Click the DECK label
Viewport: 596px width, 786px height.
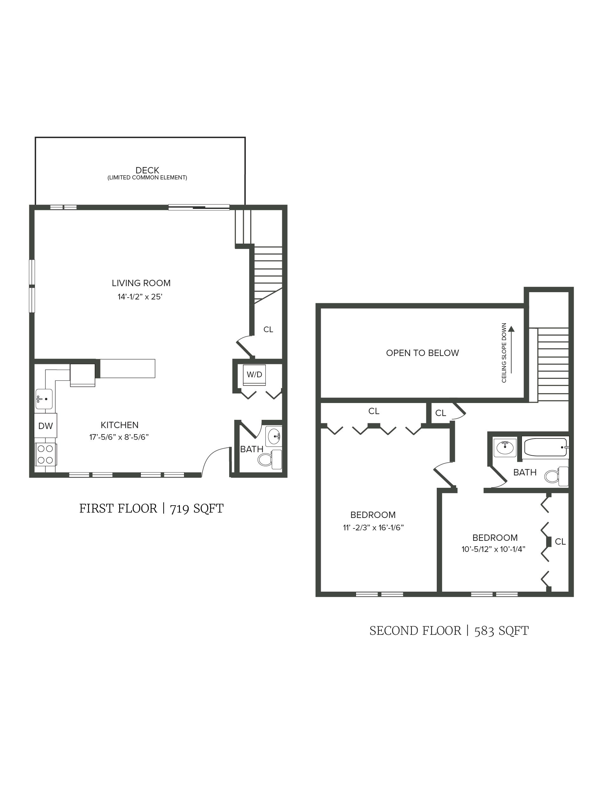[x=147, y=170]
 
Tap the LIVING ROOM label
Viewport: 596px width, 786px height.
[x=141, y=283]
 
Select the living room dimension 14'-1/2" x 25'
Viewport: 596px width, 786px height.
[x=140, y=297]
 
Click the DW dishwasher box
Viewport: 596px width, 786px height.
[x=45, y=426]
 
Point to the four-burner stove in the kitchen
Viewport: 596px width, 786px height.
[x=45, y=454]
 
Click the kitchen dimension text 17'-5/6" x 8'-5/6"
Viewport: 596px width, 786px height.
[x=119, y=437]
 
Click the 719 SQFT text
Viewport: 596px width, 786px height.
[x=197, y=509]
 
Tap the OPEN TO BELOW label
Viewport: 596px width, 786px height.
[x=422, y=353]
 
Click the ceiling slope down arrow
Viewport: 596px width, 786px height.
[x=511, y=350]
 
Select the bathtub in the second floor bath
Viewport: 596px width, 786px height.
[x=545, y=447]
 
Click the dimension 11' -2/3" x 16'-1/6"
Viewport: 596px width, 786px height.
[x=373, y=528]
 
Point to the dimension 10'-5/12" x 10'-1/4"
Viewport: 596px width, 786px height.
[x=493, y=549]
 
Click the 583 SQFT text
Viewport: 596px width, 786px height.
[x=501, y=631]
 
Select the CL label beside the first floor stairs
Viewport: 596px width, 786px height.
[x=268, y=329]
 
